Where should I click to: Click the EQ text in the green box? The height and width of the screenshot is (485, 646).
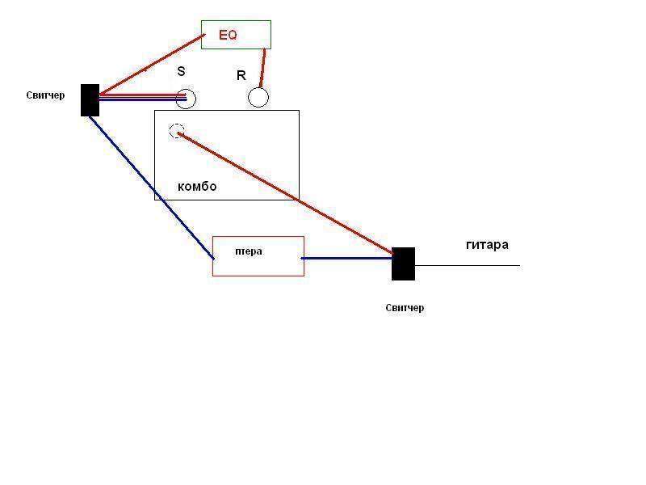(229, 36)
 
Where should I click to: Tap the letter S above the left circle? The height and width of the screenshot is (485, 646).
(182, 71)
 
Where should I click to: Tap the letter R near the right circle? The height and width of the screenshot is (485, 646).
(241, 76)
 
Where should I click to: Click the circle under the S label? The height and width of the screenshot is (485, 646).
(187, 99)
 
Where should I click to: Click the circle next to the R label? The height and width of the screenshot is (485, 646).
(258, 98)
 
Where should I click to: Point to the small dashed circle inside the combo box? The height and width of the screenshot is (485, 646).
(177, 131)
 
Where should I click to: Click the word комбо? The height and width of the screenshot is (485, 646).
(197, 187)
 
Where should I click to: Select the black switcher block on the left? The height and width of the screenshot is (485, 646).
(90, 100)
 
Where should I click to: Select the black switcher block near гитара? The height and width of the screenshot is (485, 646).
(403, 264)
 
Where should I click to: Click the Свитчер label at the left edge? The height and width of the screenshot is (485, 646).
(45, 96)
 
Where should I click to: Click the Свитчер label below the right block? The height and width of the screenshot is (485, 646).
(405, 308)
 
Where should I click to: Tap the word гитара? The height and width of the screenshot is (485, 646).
(487, 244)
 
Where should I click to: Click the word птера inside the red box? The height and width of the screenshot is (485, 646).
(249, 251)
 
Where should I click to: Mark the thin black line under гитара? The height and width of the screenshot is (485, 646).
(468, 265)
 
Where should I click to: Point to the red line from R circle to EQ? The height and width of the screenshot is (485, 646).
(262, 68)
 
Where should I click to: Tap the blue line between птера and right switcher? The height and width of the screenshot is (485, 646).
(347, 259)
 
